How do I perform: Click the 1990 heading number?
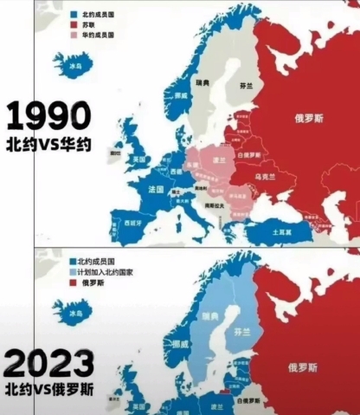click(48, 116)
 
